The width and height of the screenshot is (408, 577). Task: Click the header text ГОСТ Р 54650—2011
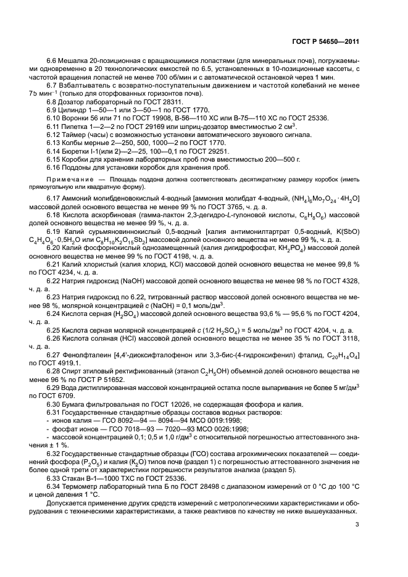(326, 42)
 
